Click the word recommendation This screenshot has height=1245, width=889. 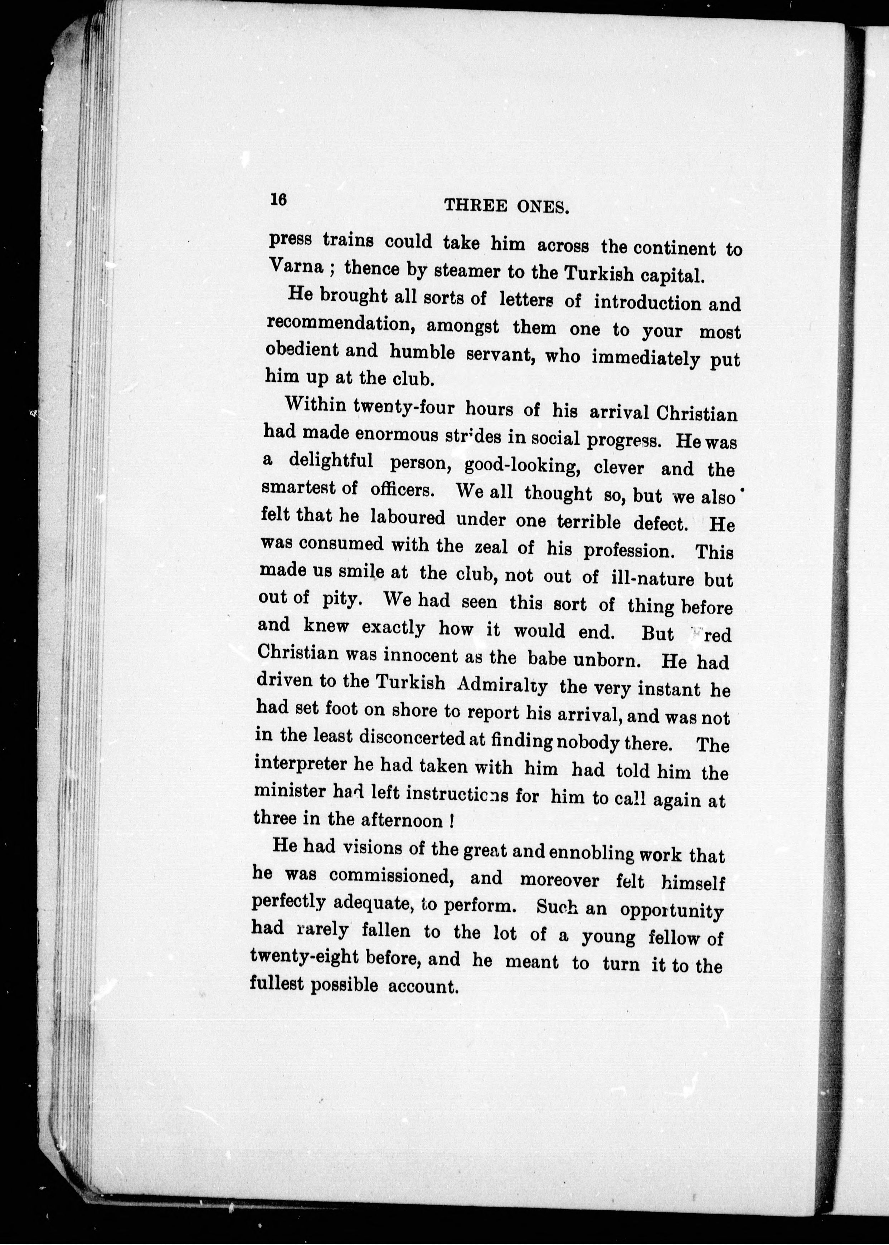pos(339,324)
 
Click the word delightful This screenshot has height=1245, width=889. pos(331,461)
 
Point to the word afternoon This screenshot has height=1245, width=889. pos(402,820)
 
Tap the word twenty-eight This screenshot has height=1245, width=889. pos(304,957)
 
